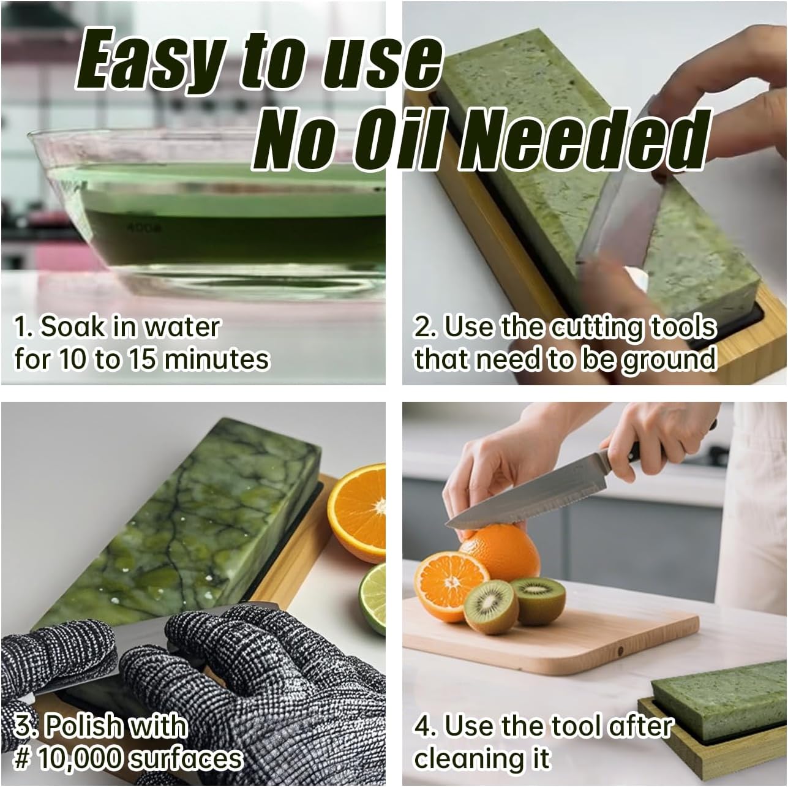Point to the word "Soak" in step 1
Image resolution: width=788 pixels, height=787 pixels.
tap(72, 328)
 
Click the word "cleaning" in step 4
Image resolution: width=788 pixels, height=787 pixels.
tap(471, 758)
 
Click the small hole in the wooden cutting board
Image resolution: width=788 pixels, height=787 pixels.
tap(620, 650)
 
